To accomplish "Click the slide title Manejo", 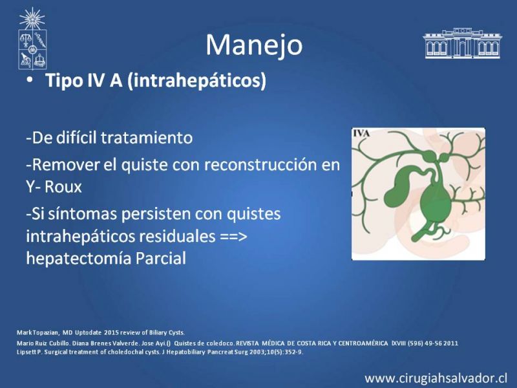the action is coord(254,45).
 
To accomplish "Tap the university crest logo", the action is coord(32,39).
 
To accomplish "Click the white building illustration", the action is coord(462,43).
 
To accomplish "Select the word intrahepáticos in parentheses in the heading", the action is coord(196,80).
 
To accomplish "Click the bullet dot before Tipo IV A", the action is coord(30,80).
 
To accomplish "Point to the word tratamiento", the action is coord(147,138).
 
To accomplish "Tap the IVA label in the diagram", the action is coord(361,133).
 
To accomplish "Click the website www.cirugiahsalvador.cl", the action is coord(436,378).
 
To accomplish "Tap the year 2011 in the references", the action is coord(450,343).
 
